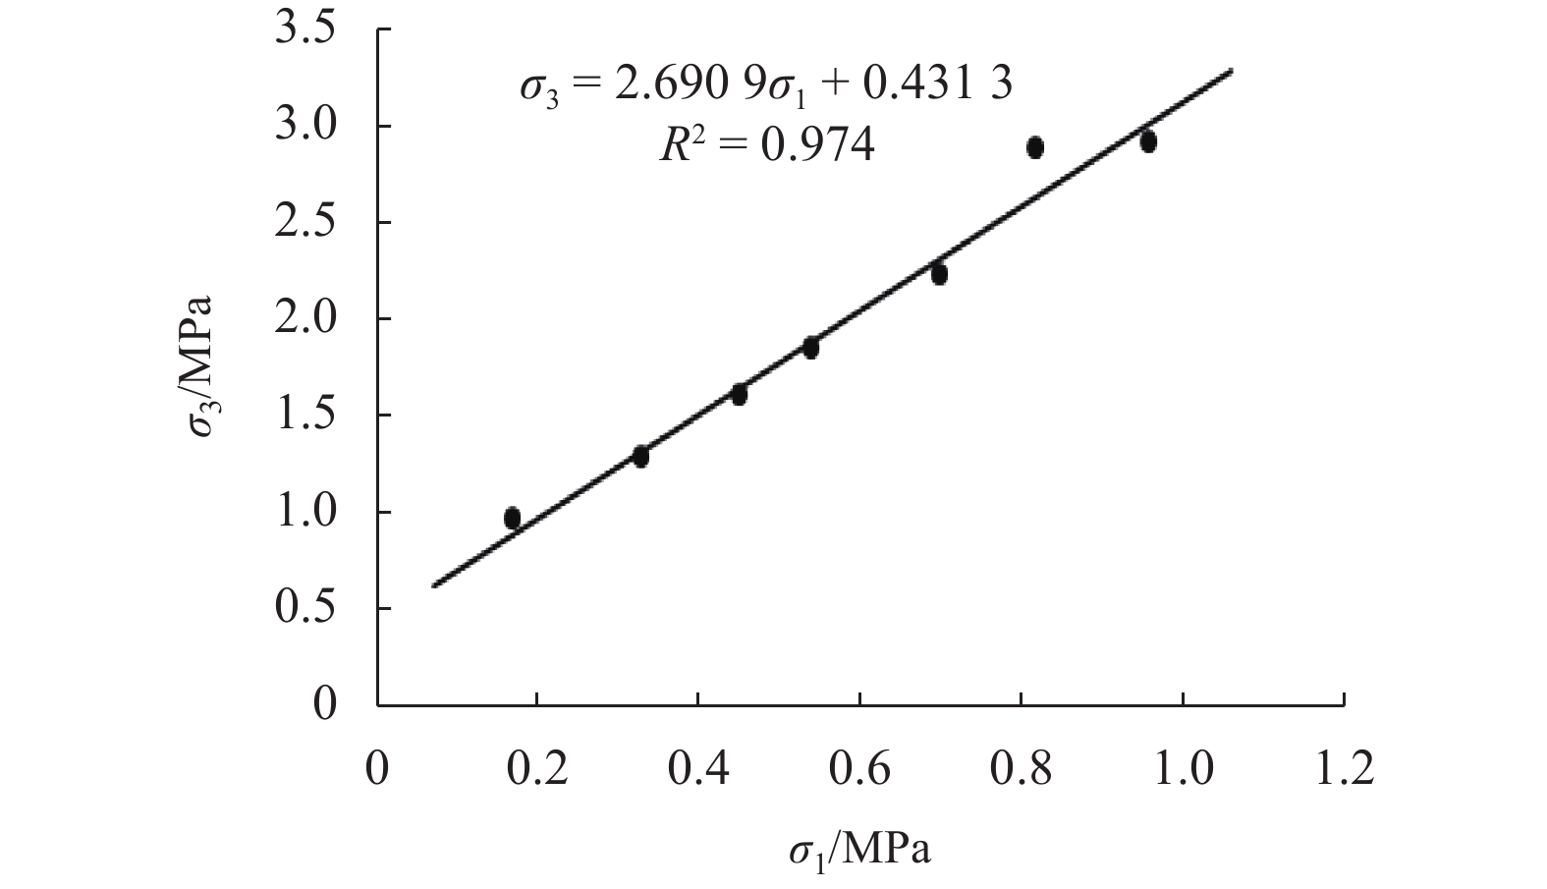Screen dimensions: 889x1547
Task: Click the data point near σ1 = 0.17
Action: (512, 518)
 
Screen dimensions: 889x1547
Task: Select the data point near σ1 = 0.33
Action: (640, 456)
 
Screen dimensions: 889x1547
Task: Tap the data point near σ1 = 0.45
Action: (739, 394)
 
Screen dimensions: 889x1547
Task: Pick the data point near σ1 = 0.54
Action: (810, 347)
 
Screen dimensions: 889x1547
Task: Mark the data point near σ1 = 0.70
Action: (939, 274)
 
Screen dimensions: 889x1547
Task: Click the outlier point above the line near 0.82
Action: (1034, 147)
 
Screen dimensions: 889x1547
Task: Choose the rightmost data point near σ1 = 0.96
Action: (1148, 141)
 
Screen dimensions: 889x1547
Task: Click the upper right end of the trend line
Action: (1231, 71)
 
